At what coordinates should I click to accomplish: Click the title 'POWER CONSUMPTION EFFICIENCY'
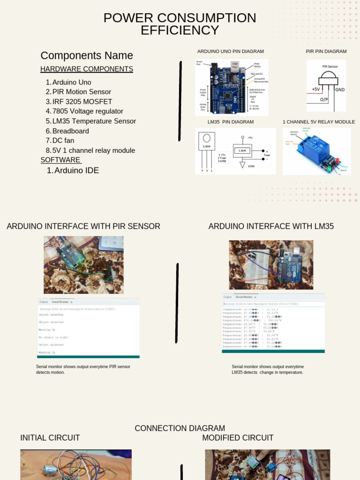pyautogui.click(x=180, y=24)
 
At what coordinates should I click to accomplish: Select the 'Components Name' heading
pyautogui.click(x=87, y=55)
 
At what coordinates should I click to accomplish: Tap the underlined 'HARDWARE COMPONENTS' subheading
pyautogui.click(x=87, y=69)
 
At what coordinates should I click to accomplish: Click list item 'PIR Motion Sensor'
pyautogui.click(x=82, y=92)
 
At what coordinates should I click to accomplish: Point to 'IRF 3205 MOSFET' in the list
pyautogui.click(x=82, y=102)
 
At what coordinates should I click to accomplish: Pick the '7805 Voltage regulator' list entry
pyautogui.click(x=88, y=111)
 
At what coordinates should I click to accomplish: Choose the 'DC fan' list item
pyautogui.click(x=63, y=141)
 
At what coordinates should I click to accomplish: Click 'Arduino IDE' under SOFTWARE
pyautogui.click(x=76, y=171)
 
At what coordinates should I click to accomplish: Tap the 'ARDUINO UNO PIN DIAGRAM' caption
pyautogui.click(x=230, y=52)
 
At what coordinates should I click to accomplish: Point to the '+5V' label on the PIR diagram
pyautogui.click(x=316, y=89)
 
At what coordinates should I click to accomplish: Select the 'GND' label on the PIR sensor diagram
pyautogui.click(x=339, y=90)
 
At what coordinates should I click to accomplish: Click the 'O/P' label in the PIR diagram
pyautogui.click(x=324, y=100)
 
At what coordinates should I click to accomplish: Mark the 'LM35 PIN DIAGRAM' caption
pyautogui.click(x=231, y=122)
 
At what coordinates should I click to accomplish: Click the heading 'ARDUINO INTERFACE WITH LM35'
pyautogui.click(x=271, y=226)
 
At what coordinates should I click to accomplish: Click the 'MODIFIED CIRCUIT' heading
pyautogui.click(x=238, y=438)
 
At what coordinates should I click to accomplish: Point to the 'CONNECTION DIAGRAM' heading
pyautogui.click(x=180, y=428)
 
